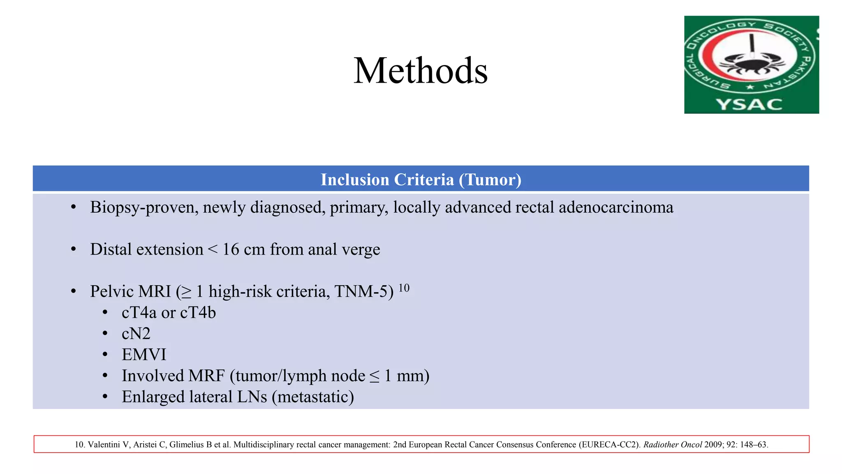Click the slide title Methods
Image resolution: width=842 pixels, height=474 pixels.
[421, 71]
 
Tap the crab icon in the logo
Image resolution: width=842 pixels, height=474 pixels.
[752, 64]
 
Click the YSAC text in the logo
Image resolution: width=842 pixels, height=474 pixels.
[749, 104]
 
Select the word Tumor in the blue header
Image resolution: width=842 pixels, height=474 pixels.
[490, 180]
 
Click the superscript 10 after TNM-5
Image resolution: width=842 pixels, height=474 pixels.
[404, 288]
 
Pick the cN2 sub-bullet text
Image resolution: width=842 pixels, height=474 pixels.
[136, 334]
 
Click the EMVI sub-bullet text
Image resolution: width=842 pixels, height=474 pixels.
[144, 355]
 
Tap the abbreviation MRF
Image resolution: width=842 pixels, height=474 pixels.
[206, 376]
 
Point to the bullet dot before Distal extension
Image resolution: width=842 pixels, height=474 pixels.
[74, 249]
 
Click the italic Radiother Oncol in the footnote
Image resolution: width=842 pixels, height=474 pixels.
[673, 445]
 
